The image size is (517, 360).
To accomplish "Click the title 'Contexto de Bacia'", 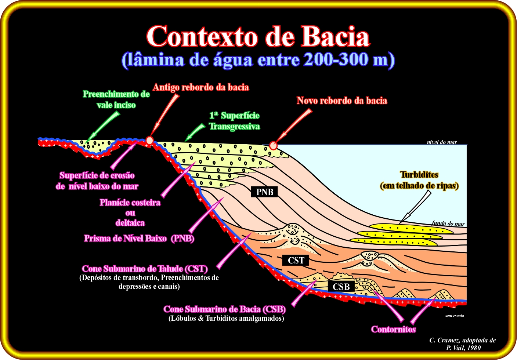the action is click(258, 37).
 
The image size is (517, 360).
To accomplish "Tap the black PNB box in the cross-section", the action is click(264, 192).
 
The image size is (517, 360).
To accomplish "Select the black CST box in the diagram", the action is click(296, 261).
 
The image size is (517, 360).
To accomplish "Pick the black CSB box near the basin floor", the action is click(341, 287).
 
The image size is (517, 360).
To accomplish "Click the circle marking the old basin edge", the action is click(149, 140).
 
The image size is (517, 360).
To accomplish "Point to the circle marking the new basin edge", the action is click(273, 146).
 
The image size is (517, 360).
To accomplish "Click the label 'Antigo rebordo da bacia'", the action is click(201, 87).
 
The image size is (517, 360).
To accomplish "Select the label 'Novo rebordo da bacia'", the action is click(342, 101).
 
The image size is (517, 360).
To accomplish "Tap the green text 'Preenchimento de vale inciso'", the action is click(116, 99).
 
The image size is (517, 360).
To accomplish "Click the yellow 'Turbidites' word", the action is click(419, 175).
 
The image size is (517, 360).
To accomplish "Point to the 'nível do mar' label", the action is click(442, 142).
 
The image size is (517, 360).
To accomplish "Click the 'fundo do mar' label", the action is click(448, 223).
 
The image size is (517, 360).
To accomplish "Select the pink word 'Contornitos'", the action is click(393, 329).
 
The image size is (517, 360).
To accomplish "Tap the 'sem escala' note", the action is click(455, 316).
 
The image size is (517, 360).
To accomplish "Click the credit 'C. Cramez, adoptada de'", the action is click(463, 340).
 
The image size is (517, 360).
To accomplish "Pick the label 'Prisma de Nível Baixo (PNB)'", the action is click(139, 238).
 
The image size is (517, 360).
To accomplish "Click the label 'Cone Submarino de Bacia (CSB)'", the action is click(225, 309).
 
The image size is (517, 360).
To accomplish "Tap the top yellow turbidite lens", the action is click(411, 228).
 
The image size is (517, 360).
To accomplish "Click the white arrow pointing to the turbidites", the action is click(415, 207).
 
